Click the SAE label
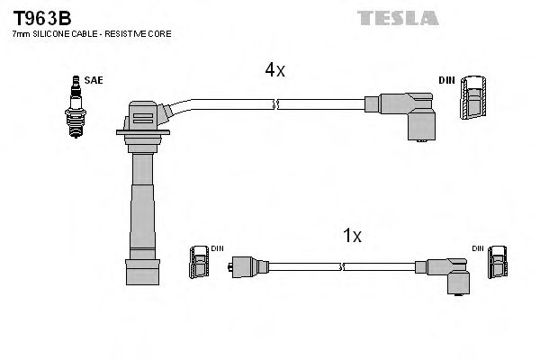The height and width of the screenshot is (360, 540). coord(93,80)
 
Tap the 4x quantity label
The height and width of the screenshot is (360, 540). coord(274,69)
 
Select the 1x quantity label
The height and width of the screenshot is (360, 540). coord(352,236)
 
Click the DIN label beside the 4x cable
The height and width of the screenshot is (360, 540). coord(446,80)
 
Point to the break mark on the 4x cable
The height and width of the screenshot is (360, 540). coord(278,106)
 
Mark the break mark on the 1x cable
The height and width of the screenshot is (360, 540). coord(342,266)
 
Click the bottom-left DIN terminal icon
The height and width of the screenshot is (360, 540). coord(200,265)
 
